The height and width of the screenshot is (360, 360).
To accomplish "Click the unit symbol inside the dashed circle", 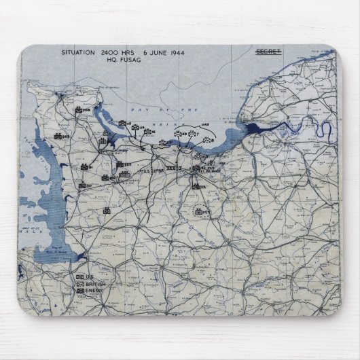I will (x=199, y=212).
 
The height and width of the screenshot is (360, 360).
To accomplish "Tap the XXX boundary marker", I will (x=170, y=167).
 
